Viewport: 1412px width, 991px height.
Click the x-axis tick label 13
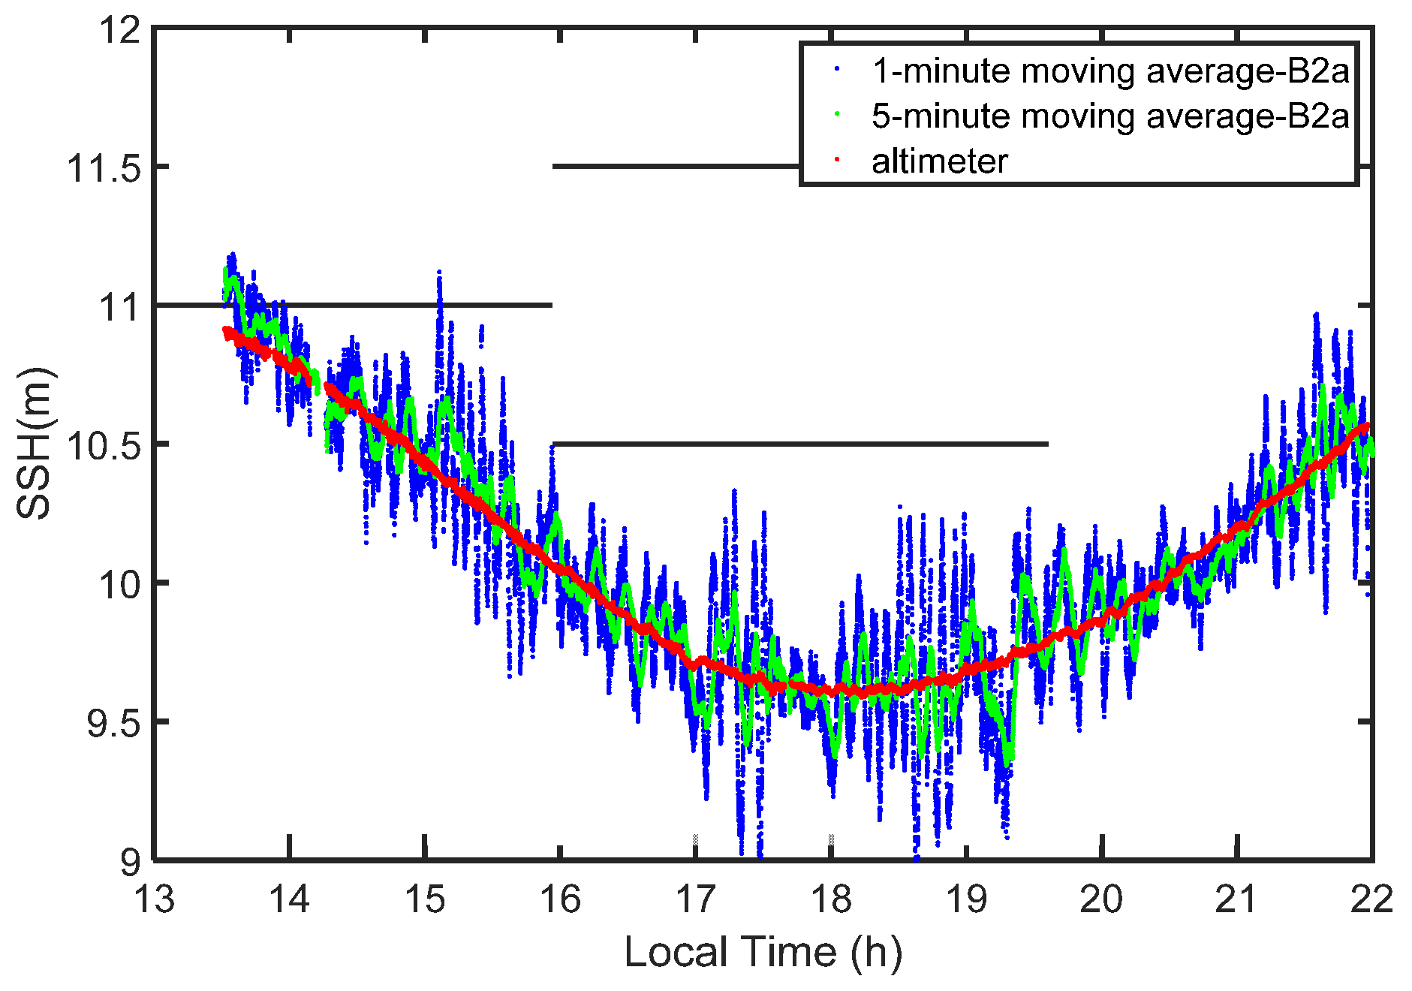pos(154,899)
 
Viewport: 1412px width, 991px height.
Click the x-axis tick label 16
pos(561,899)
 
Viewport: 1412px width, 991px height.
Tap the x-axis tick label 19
pos(966,899)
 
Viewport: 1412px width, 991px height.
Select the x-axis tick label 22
pos(1371,899)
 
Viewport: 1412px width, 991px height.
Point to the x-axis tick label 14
pos(290,899)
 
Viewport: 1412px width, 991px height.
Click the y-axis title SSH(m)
pos(35,443)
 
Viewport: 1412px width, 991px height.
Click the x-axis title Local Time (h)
pos(763,952)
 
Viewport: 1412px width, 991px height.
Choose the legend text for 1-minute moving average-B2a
pos(1110,71)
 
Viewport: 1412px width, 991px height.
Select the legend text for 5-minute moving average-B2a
pos(1110,116)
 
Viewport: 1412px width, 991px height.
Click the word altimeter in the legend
pos(939,161)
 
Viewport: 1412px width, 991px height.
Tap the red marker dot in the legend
pos(837,159)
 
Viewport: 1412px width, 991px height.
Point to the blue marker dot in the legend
pos(837,68)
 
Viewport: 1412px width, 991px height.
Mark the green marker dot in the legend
pos(837,114)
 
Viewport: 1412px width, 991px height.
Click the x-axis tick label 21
pos(1236,899)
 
